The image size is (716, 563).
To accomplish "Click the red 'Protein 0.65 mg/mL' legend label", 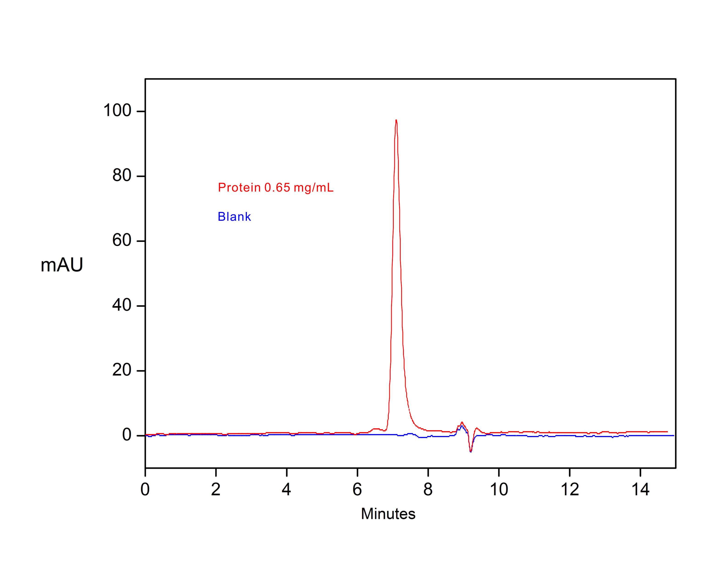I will [276, 188].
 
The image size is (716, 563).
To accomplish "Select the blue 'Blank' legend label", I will [234, 217].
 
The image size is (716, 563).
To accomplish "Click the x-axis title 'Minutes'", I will [388, 514].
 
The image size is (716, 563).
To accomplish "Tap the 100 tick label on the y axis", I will [117, 110].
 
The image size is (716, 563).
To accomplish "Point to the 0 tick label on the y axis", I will [127, 435].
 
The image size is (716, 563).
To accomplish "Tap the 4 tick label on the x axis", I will [286, 489].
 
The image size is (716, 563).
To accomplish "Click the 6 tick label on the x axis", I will [357, 489].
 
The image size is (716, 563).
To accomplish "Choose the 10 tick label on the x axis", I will [499, 489].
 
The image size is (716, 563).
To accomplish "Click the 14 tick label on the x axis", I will [640, 489].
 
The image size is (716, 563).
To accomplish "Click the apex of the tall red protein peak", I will [396, 120].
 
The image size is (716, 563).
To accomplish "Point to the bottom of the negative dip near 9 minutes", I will [471, 451].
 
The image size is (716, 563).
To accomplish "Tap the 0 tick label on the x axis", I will [145, 489].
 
